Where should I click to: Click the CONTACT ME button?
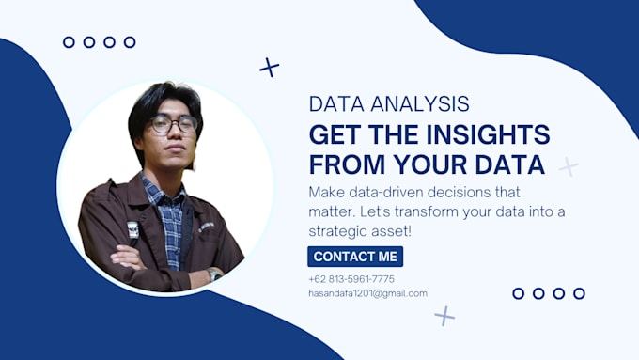355,257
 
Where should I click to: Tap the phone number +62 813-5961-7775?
351,279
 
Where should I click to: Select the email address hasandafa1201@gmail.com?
367,293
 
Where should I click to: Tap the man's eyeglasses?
173,124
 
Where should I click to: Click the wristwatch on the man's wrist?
214,274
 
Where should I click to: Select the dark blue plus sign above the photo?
270,67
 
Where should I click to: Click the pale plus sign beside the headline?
569,167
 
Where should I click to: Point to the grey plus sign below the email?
444,316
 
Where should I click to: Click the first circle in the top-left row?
69,42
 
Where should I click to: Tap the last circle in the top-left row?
130,42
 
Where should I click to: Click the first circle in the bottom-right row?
518,293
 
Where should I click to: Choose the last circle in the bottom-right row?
579,293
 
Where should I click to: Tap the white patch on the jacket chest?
132,228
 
